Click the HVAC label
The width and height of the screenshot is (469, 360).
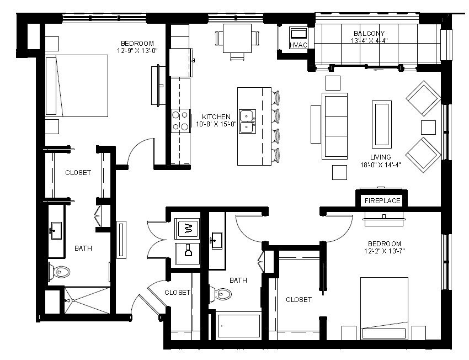point(299,45)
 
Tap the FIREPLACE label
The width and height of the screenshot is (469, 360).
point(382,201)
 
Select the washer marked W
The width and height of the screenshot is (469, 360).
point(187,229)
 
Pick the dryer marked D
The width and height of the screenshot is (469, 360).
point(187,253)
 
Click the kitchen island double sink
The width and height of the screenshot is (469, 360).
point(247,121)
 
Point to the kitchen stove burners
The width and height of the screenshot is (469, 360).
point(181,121)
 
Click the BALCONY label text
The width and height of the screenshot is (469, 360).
point(369,34)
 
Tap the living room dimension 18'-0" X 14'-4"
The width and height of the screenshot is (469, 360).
point(381,165)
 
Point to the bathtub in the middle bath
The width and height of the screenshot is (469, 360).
point(238,326)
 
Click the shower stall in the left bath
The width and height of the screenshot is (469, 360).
point(87,300)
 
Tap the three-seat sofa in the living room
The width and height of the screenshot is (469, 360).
point(334,126)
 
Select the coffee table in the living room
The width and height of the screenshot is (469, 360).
point(382,123)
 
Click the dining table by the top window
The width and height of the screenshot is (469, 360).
point(237,38)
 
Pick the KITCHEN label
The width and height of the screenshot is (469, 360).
point(216,117)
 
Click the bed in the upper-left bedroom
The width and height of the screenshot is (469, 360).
point(77,86)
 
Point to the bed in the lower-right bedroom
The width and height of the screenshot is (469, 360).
point(384,309)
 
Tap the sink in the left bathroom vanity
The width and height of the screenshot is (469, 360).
point(56,231)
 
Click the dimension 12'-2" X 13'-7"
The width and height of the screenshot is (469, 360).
point(385,251)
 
